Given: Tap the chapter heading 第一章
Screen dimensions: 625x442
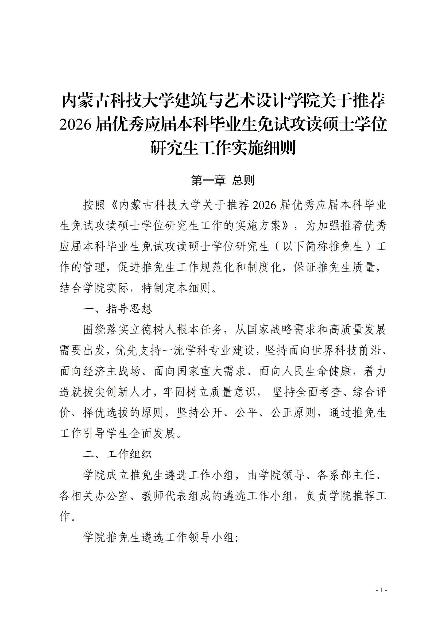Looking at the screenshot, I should (x=208, y=180).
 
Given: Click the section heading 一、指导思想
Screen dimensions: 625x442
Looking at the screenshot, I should (x=117, y=309).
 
